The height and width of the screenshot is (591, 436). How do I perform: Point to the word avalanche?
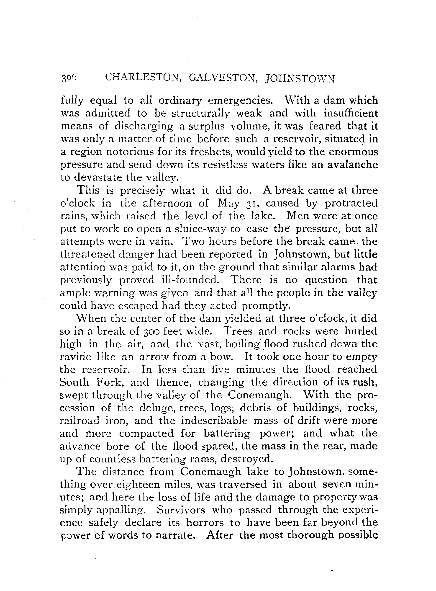coord(353,165)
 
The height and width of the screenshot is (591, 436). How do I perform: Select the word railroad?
coord(80,421)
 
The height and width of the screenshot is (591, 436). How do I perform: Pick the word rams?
coord(202,459)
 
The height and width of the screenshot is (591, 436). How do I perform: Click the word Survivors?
coord(181,510)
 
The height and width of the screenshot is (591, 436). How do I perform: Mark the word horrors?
coord(205,523)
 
